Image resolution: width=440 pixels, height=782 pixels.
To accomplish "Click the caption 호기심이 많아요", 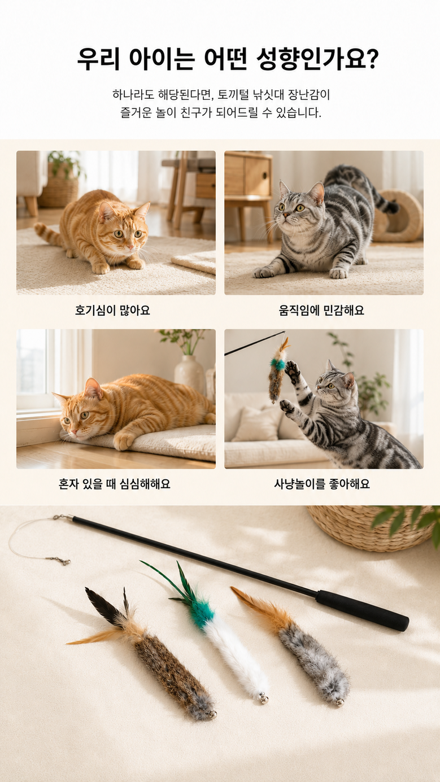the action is point(112,310).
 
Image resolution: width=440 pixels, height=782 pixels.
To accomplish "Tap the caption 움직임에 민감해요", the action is point(321,310).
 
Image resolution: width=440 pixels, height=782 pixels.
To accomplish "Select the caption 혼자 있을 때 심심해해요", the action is point(114,484).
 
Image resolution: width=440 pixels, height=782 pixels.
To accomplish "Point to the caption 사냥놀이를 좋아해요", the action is point(321,484).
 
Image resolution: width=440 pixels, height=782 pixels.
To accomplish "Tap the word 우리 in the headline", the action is point(98,59).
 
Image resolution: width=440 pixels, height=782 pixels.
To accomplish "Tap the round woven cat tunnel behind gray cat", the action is point(398,216).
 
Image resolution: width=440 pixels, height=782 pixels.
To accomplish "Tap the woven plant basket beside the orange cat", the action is point(59,193).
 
